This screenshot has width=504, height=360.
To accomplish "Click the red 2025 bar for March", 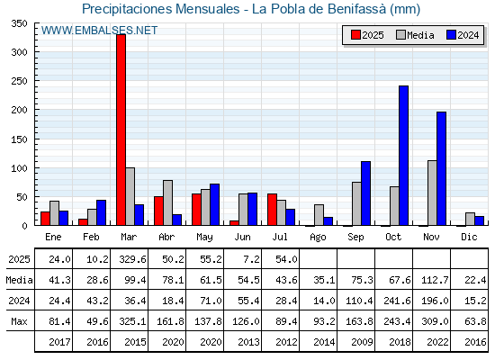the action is click(121, 130).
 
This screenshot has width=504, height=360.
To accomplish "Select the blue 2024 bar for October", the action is click(404, 156).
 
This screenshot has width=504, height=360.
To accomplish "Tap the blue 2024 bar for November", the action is click(441, 168).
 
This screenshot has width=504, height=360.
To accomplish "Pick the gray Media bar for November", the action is click(432, 193).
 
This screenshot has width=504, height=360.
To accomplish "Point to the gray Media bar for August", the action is click(319, 215).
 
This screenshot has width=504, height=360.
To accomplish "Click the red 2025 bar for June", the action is click(234, 223).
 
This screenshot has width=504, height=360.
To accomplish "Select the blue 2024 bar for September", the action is click(365, 193).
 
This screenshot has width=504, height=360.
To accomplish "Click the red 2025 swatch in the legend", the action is click(355, 35).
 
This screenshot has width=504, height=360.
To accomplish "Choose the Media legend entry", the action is click(415, 35).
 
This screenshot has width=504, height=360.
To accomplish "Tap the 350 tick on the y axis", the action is click(20, 23).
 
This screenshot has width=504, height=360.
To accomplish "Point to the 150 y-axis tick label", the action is click(20, 139).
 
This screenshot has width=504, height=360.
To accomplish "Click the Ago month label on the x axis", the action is click(318, 238).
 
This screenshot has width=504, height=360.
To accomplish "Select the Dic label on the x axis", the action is click(469, 237).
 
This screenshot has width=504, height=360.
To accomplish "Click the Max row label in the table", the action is click(19, 321).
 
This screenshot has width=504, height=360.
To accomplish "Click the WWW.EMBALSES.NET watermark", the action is click(99, 31).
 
